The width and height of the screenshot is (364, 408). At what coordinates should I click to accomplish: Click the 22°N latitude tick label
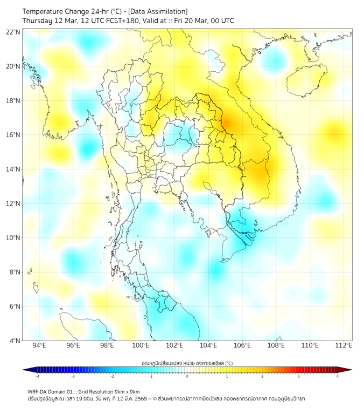13,32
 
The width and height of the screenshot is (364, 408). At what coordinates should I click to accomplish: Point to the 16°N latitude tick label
13,135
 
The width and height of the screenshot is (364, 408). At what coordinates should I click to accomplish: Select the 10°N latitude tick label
13,238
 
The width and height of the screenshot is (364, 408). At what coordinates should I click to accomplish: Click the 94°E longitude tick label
39,345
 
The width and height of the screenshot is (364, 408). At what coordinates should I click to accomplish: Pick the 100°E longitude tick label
141,345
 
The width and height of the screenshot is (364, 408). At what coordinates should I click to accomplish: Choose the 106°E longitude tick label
242,345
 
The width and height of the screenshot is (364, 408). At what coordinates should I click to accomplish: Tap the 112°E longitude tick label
344,345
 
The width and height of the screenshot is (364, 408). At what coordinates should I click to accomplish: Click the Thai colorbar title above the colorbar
187,363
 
